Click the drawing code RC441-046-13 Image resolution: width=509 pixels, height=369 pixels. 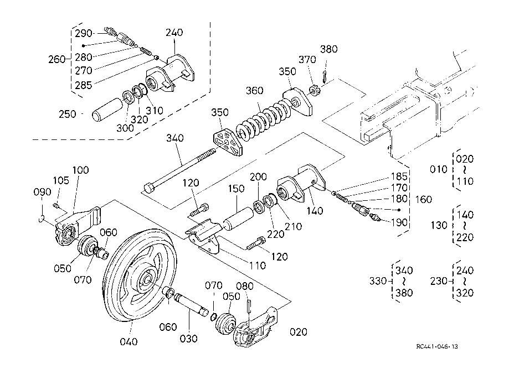tap(438, 347)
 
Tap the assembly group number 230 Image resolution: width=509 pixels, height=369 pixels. tap(439, 280)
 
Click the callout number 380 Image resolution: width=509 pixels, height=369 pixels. tap(329, 49)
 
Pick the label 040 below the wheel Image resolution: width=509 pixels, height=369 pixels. tap(128, 341)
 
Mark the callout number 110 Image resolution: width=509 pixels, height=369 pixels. tap(257, 266)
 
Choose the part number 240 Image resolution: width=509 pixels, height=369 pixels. tap(173, 33)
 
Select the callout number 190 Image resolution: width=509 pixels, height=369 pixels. tap(400, 222)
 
